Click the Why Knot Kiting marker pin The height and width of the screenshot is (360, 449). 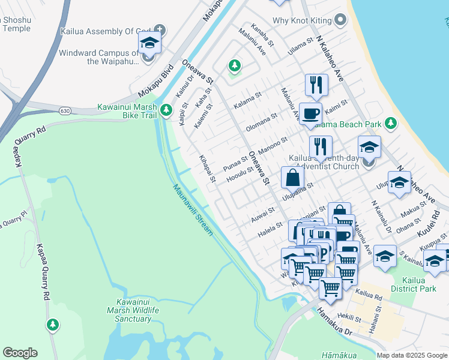(x=340, y=20)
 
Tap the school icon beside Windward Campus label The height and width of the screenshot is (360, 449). (x=149, y=44)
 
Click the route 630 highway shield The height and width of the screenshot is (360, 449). (x=65, y=111)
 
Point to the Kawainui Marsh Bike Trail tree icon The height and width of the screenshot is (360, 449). (x=167, y=110)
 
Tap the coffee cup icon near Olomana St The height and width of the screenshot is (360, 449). (x=310, y=114)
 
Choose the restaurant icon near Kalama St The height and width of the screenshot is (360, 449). (x=316, y=85)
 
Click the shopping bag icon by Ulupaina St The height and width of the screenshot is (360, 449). (x=292, y=178)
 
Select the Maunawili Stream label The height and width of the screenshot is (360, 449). (x=193, y=209)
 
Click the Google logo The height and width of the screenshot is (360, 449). (x=20, y=353)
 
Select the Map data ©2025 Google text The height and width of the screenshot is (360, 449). (x=412, y=355)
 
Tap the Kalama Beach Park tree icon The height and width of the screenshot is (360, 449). (x=391, y=124)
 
